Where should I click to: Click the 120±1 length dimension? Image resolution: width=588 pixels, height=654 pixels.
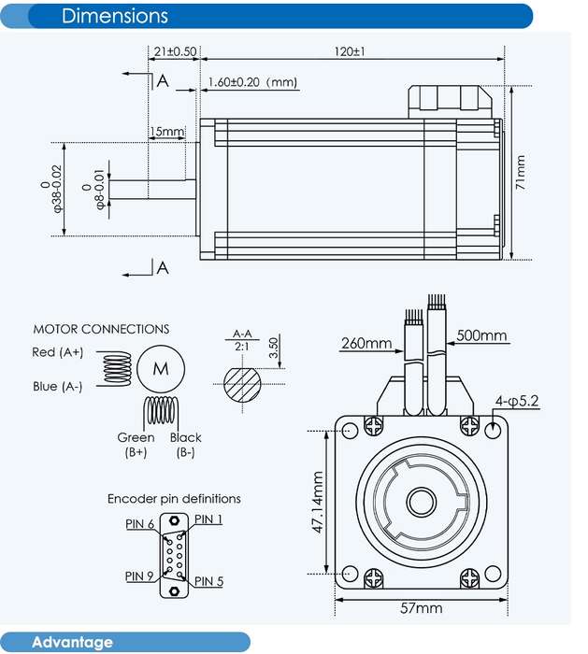click(350, 51)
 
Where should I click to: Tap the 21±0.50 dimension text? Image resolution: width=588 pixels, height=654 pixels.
click(175, 51)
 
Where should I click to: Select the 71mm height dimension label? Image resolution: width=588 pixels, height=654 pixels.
click(520, 172)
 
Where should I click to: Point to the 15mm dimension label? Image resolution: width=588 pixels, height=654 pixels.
click(166, 132)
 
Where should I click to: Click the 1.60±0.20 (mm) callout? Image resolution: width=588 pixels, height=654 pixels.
click(252, 82)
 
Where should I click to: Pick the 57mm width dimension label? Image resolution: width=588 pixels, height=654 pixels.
click(421, 608)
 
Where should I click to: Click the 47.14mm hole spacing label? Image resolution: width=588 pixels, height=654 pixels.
click(318, 503)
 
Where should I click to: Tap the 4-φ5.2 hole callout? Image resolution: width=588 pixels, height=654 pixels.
click(517, 401)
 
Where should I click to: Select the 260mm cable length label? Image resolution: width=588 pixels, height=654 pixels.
click(366, 343)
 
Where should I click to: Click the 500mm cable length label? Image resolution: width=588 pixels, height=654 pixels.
click(481, 335)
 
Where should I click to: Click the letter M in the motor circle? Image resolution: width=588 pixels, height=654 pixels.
click(161, 369)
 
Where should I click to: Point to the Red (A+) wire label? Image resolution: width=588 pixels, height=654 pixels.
click(58, 352)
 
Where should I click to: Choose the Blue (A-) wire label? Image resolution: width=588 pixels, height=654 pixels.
click(58, 387)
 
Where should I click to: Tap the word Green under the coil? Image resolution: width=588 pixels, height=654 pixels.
click(136, 437)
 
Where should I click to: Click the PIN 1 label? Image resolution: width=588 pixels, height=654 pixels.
click(208, 519)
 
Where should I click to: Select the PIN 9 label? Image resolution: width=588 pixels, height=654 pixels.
click(139, 576)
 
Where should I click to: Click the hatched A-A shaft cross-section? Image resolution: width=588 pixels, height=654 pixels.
click(242, 385)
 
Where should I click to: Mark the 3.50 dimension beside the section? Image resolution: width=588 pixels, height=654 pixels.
click(273, 348)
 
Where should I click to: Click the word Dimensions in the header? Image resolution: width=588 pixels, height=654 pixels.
click(115, 16)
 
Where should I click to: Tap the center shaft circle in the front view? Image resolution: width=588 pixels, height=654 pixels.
click(422, 502)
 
